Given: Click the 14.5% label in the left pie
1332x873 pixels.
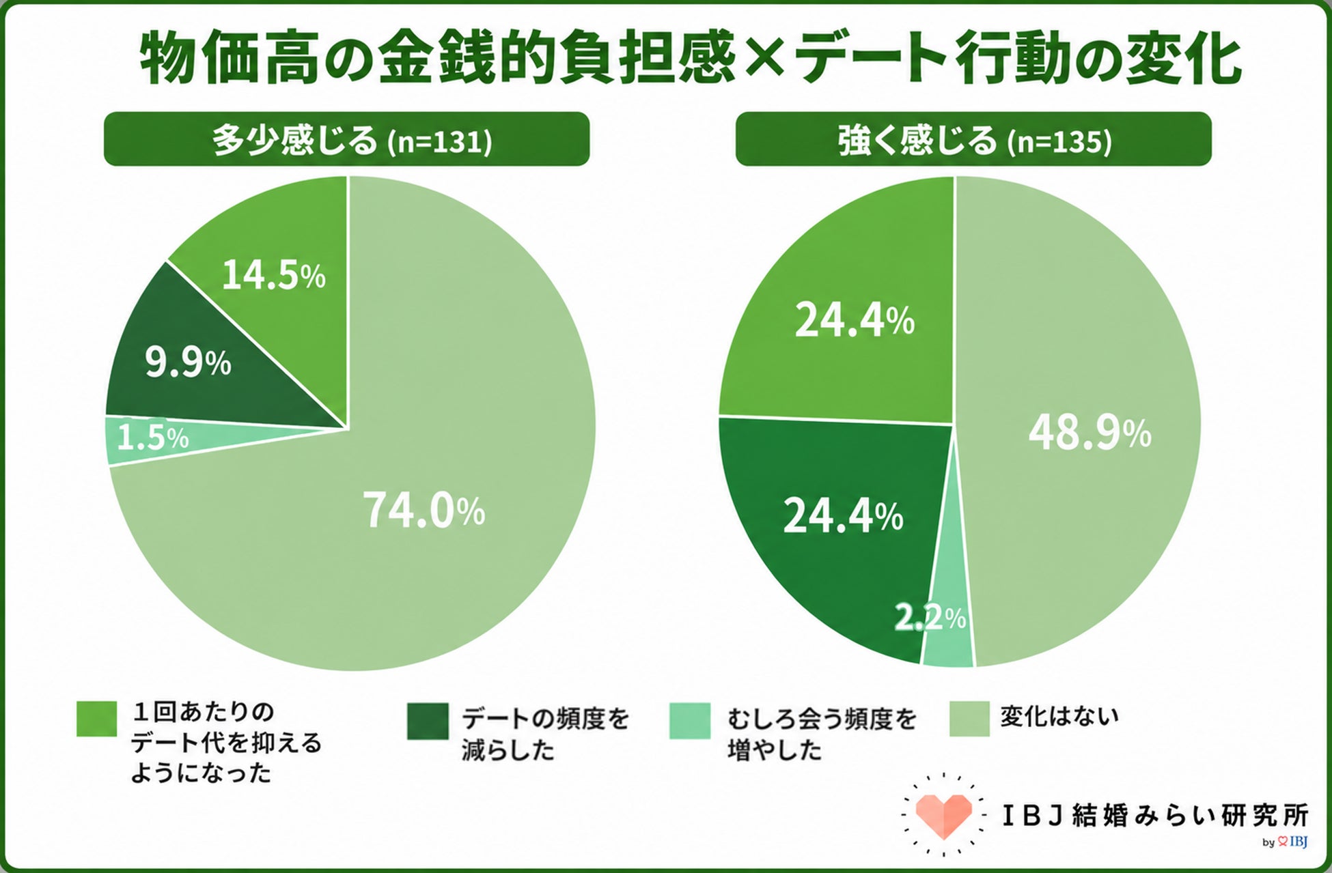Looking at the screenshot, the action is pos(274,276).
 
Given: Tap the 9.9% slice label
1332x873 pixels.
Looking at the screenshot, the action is pos(188,362).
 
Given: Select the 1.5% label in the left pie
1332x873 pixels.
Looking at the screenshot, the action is pos(152,438).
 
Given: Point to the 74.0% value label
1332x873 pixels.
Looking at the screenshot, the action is pos(424,511).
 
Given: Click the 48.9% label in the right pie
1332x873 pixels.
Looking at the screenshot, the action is pos(1090,433).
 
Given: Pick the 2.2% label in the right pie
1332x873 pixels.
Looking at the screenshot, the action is pos(930,618).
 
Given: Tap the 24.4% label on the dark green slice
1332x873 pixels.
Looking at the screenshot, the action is pos(843,516).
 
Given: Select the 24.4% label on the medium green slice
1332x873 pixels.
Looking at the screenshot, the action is pos(855,320).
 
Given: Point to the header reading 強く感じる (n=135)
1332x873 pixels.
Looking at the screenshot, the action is pos(973,139).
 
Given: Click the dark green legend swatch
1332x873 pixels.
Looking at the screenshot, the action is pos(428,721).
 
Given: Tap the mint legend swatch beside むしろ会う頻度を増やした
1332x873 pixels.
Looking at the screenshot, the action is pos(690,721).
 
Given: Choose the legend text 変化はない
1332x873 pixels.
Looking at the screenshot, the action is pos(1059,716).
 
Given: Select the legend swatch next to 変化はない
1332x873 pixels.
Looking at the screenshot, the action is pos(969,719).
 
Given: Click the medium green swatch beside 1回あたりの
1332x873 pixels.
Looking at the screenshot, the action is pos(96,719).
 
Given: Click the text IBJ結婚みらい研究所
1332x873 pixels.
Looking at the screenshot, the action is pos(1155,816).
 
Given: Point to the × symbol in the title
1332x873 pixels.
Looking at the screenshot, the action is pos(763,61).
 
